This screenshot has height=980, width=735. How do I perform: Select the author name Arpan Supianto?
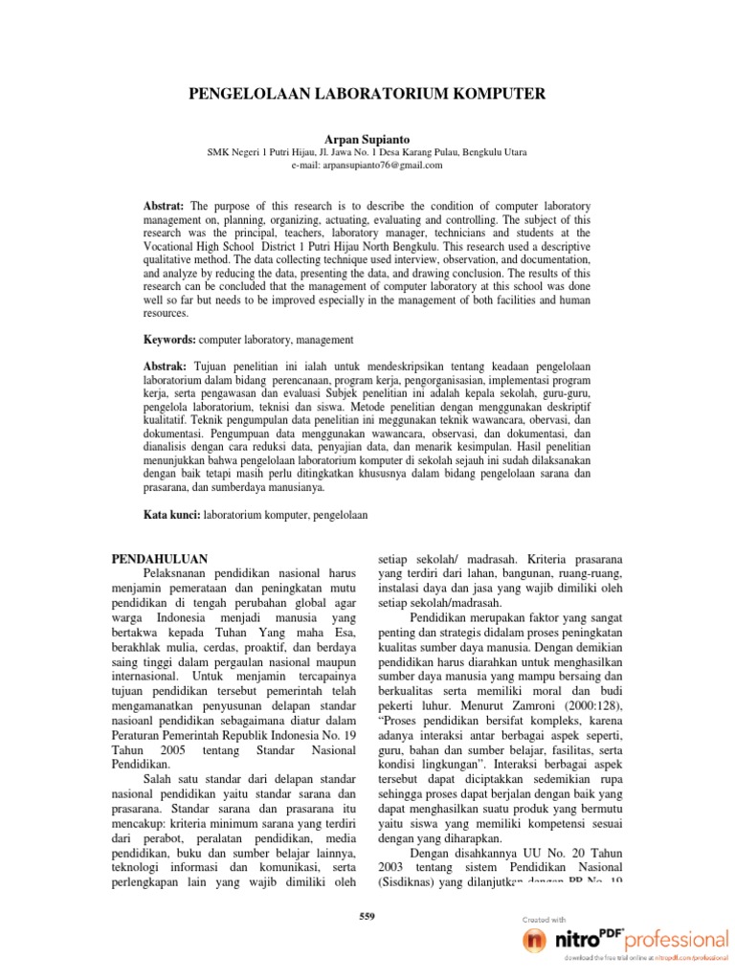367,139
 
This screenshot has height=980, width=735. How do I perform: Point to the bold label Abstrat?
164,207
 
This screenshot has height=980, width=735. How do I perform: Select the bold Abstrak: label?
166,367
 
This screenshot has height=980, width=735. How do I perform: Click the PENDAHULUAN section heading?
161,559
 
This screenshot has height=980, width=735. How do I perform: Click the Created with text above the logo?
545,919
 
